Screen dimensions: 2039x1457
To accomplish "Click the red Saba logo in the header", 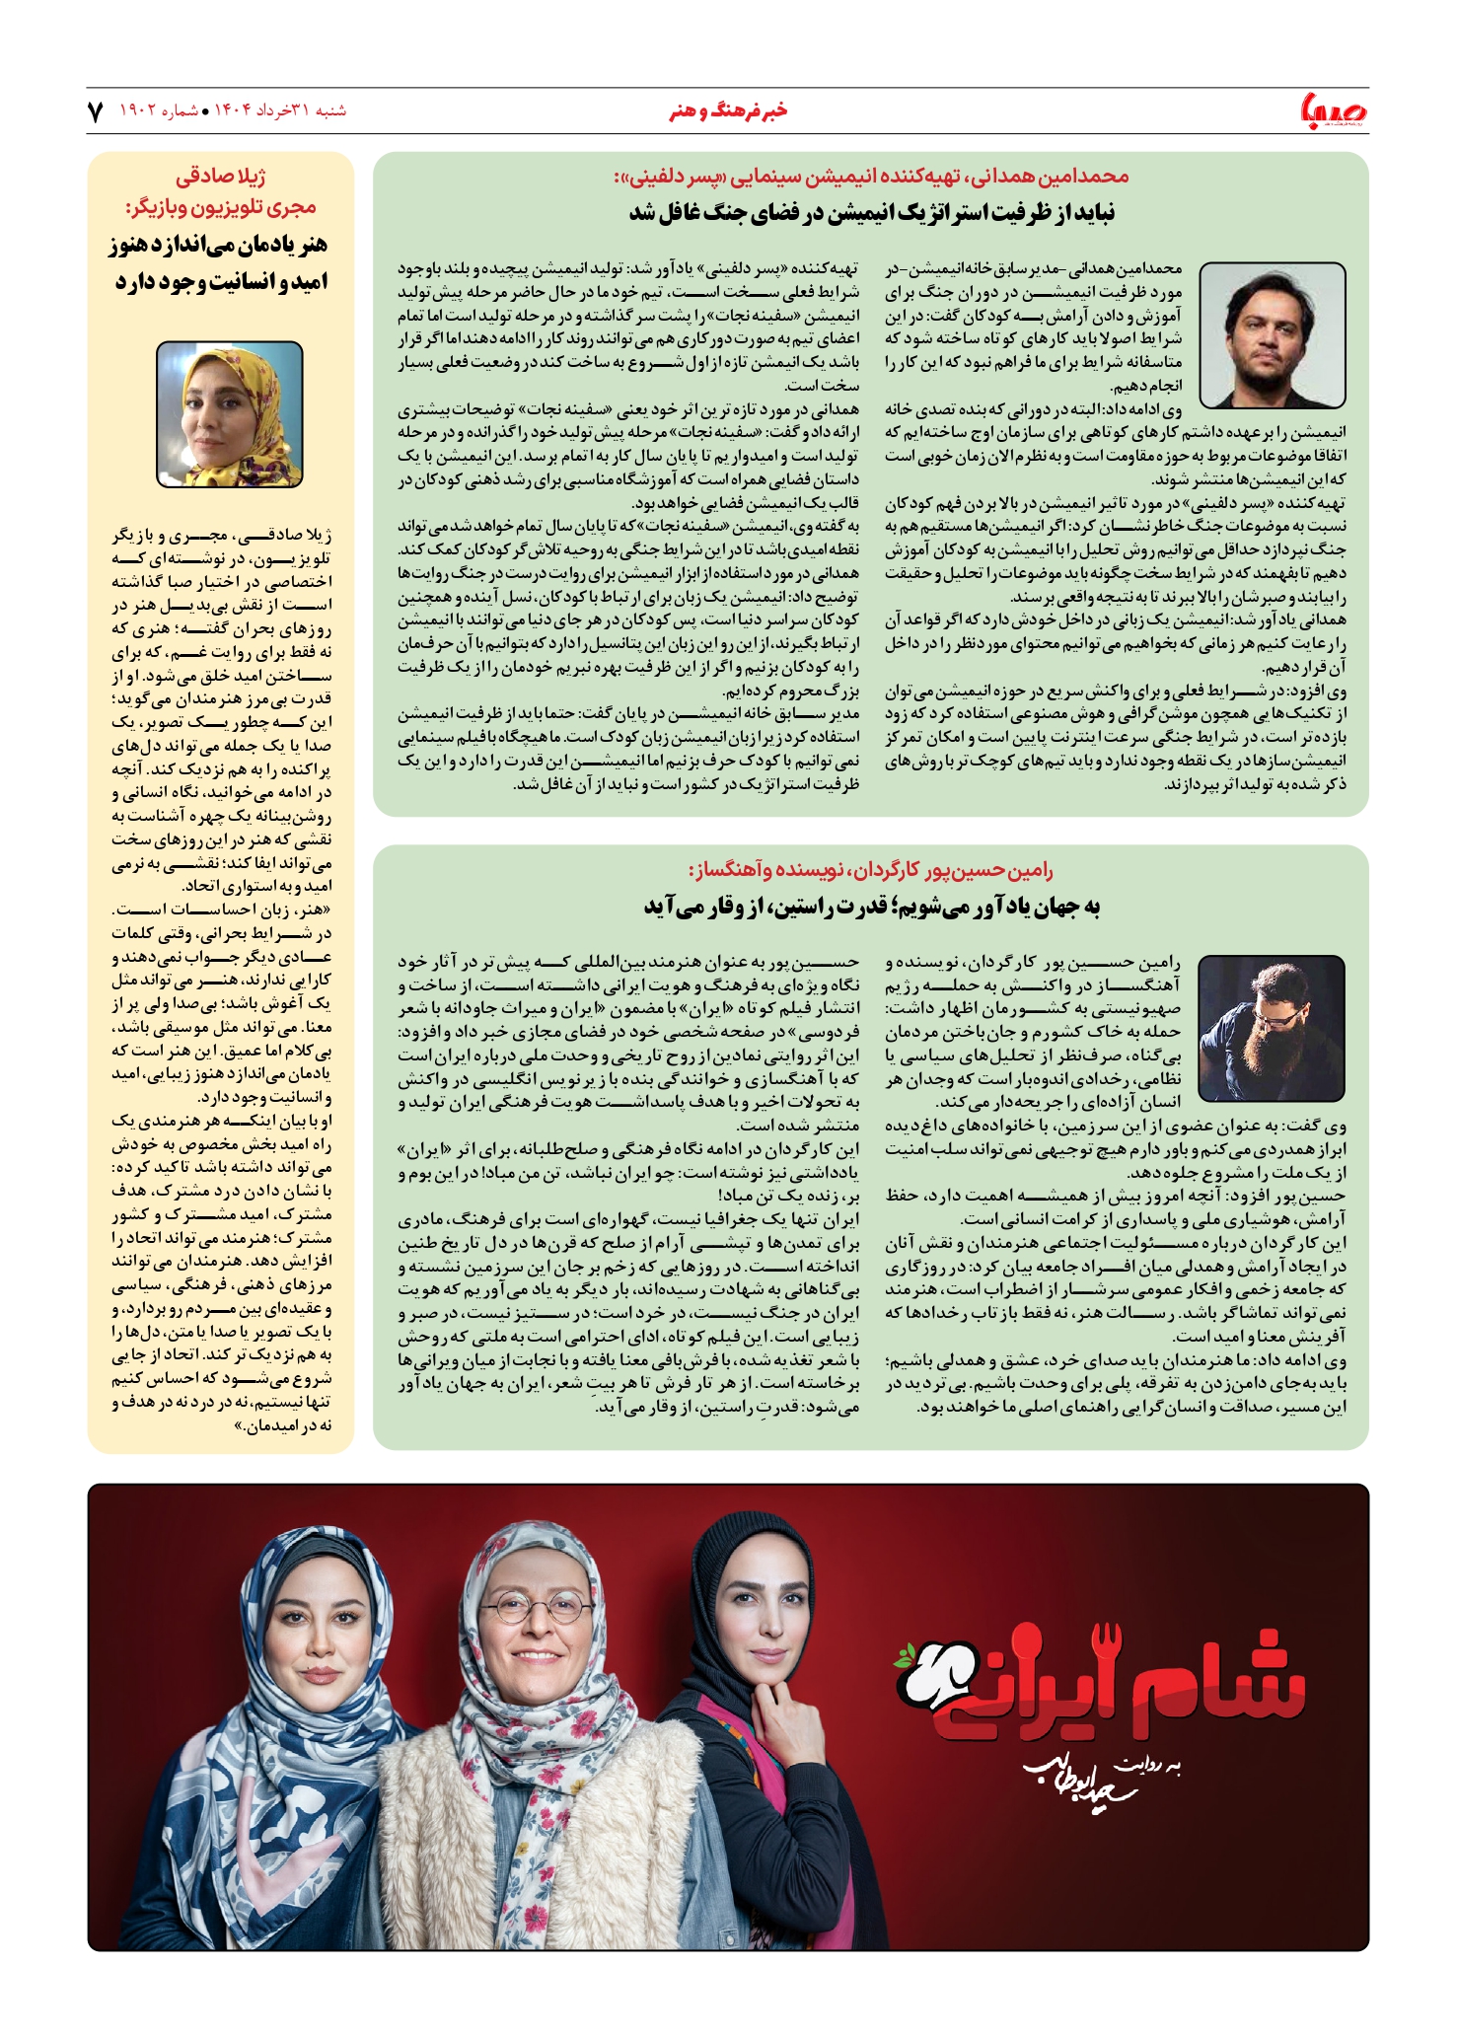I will point(1333,110).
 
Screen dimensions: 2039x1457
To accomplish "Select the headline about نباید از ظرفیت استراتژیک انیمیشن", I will point(872,213).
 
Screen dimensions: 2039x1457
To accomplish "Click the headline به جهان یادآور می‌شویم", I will point(872,907).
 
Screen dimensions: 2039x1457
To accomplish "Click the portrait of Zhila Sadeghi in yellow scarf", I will point(230,414).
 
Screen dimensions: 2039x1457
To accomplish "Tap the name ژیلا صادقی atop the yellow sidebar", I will point(221,177).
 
